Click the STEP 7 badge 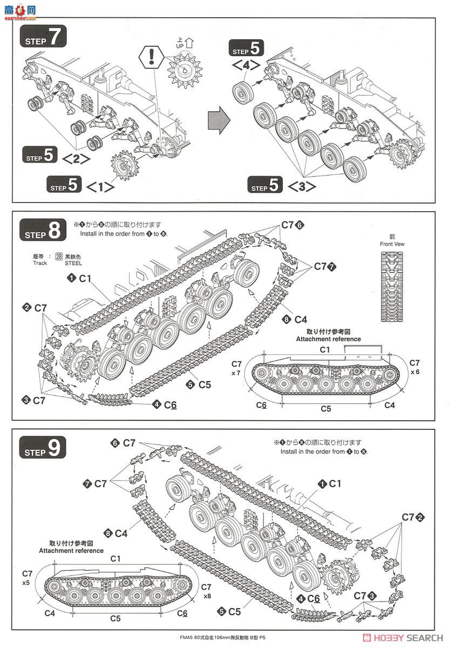pos(43,38)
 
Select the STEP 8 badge pos(43,231)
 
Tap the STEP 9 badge pos(43,448)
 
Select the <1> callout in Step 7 pos(100,187)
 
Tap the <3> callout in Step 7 pos(301,187)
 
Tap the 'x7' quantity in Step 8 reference pos(236,373)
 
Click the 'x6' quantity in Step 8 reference pos(414,372)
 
